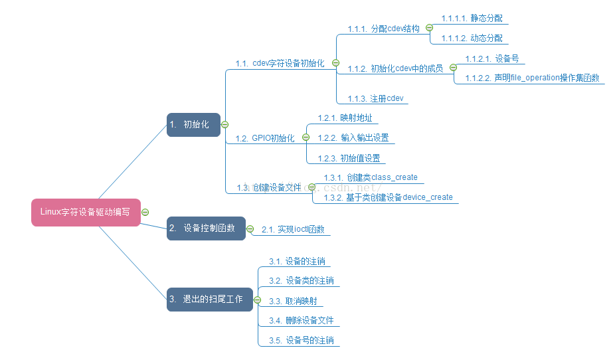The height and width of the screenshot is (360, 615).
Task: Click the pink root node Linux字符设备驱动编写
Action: click(x=85, y=212)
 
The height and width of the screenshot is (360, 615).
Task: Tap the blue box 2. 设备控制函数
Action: click(x=206, y=228)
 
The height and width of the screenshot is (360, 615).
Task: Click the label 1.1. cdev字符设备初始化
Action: click(x=280, y=64)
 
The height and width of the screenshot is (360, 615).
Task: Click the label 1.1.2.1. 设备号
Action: click(x=492, y=58)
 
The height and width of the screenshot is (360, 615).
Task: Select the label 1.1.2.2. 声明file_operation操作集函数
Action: click(x=532, y=78)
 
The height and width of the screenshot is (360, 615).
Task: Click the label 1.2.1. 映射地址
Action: click(x=345, y=118)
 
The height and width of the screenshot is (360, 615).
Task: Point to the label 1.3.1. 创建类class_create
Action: click(x=371, y=177)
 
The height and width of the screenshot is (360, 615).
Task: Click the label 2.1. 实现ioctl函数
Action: click(x=293, y=229)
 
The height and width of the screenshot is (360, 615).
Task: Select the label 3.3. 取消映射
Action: click(x=292, y=301)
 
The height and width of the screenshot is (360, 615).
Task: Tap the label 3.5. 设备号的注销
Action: click(x=301, y=340)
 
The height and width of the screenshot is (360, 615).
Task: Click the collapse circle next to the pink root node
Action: click(x=145, y=212)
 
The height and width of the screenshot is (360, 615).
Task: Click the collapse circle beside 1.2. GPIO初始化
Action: click(x=306, y=137)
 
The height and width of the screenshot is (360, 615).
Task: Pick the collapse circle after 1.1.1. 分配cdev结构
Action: click(x=429, y=28)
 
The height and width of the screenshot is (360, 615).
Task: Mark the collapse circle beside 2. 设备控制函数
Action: click(x=250, y=229)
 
